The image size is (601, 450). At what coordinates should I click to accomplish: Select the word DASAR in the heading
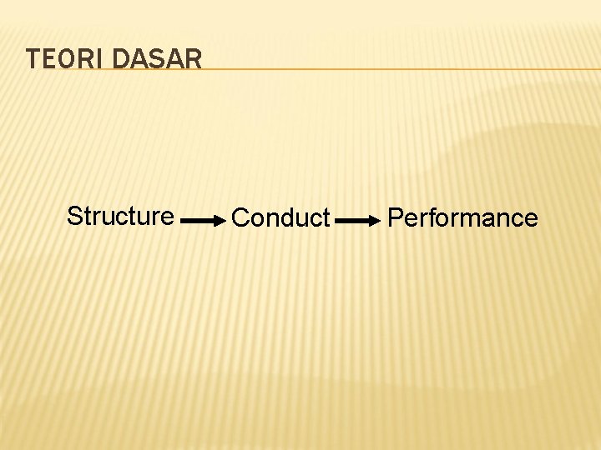point(156,59)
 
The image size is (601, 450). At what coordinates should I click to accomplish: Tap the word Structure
point(120,216)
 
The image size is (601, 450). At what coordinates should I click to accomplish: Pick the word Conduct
point(281,217)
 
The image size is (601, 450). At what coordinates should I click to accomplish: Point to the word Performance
point(463,217)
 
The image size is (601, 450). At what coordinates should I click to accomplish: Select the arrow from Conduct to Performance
point(360,222)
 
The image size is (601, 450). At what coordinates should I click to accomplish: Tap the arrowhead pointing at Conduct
point(220,222)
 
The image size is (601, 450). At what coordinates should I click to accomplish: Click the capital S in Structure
point(73,216)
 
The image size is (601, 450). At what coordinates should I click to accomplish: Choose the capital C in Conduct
point(240,217)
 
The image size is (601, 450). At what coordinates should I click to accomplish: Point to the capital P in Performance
point(396,217)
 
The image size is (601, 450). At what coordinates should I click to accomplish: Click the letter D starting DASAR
point(119,59)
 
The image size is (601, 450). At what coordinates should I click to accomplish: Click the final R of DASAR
point(193,59)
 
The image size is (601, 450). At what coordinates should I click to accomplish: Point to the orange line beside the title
point(401,69)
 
